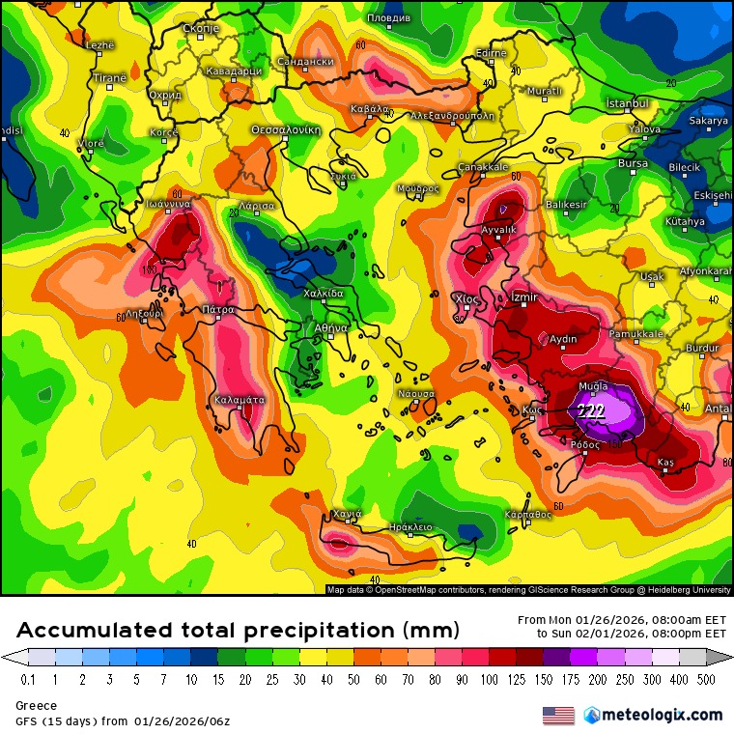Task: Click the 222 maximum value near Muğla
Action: pyautogui.click(x=591, y=411)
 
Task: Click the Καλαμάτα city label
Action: pyautogui.click(x=239, y=399)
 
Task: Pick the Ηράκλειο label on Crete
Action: pyautogui.click(x=409, y=527)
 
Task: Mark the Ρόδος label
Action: pyautogui.click(x=586, y=444)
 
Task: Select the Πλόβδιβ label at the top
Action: pyautogui.click(x=389, y=18)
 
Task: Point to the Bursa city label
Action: pyautogui.click(x=633, y=164)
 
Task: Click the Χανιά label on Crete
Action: pyautogui.click(x=346, y=514)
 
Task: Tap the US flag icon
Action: pyautogui.click(x=558, y=716)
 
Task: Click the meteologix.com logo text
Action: pyautogui.click(x=661, y=715)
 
